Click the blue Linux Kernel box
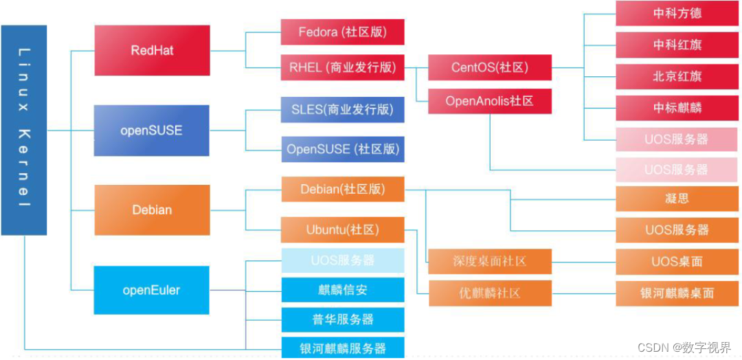24,130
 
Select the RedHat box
152,50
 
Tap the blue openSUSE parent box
151,130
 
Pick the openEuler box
151,290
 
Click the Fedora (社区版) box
342,32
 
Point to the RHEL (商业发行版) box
342,67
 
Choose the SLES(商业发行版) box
342,109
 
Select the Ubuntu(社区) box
342,229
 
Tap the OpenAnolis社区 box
490,101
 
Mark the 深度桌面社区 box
490,261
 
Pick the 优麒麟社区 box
490,293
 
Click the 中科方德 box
677,14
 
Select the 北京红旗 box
677,76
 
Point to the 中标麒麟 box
677,108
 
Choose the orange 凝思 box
677,199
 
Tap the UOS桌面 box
677,261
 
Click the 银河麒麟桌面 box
677,293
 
